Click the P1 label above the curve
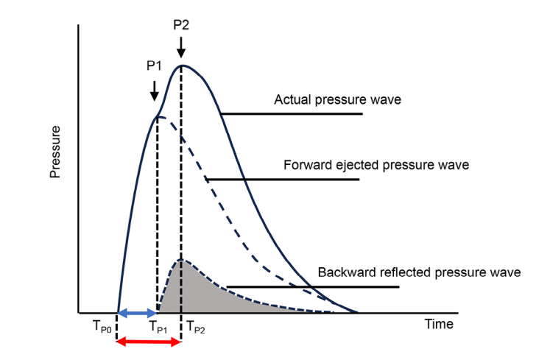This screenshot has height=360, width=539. (x=154, y=65)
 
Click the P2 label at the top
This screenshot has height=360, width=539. (x=181, y=25)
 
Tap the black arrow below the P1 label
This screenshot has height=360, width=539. (x=154, y=91)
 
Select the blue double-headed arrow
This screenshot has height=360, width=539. (x=138, y=313)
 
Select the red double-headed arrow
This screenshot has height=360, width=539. (x=149, y=342)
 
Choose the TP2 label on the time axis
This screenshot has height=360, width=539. (x=195, y=325)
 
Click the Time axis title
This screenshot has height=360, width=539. (x=439, y=324)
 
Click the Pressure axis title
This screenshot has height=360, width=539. (x=54, y=152)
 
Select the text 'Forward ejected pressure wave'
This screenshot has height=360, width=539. (x=376, y=165)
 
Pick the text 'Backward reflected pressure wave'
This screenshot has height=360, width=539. (x=419, y=272)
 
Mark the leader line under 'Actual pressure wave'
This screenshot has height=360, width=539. (x=291, y=114)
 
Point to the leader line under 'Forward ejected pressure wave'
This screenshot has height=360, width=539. (x=283, y=180)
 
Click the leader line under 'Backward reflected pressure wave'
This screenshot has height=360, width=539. (x=313, y=286)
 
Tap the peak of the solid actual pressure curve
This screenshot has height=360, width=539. (x=181, y=66)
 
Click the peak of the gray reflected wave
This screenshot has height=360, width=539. (x=181, y=260)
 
